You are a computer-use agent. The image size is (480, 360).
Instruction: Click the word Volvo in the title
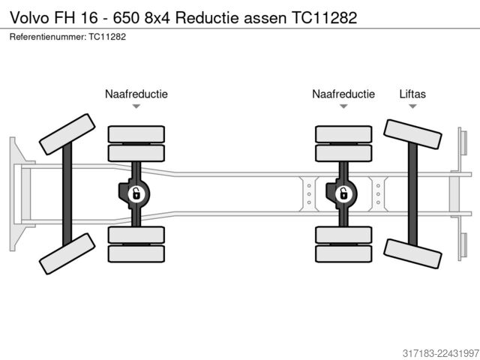29,18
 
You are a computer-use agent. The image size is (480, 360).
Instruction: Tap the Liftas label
412,94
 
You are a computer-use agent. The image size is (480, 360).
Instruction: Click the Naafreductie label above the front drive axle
136,94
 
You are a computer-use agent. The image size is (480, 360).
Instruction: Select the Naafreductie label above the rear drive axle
343,94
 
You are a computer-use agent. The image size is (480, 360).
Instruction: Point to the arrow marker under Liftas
412,106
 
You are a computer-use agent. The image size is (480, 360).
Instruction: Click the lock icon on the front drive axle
136,193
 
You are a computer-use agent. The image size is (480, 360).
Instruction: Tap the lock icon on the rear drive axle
343,193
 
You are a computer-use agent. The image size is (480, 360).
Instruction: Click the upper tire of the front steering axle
67,134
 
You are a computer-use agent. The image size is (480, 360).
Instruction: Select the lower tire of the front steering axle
67,253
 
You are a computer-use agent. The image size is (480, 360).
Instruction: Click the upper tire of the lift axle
412,134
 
